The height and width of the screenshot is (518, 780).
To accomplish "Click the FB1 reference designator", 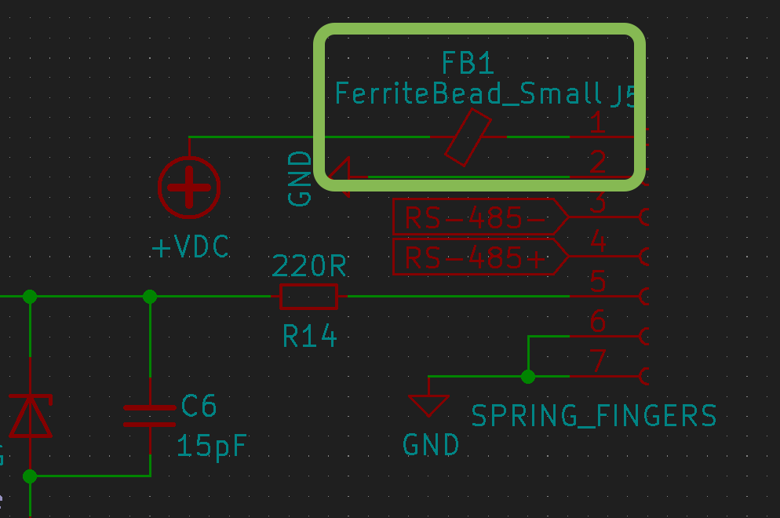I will click(468, 63).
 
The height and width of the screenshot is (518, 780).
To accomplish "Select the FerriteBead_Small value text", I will click(468, 93).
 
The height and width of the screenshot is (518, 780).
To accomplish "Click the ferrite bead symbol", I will click(468, 137).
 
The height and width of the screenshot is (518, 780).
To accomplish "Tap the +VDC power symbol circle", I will click(190, 188).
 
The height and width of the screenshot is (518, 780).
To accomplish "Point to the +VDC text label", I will click(191, 248).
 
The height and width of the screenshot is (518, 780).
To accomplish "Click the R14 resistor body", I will click(309, 297).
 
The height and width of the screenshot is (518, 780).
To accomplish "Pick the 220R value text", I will click(309, 267).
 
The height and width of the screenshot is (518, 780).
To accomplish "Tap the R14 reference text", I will click(309, 337).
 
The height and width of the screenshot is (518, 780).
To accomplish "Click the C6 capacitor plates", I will click(150, 415).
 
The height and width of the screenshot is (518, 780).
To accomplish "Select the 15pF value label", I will click(211, 446).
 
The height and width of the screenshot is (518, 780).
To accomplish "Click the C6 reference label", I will click(199, 406).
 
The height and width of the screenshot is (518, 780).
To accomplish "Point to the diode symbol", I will click(30, 416).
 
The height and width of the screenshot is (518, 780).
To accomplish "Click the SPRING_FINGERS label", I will click(593, 415).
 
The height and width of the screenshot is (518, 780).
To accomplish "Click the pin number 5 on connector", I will click(598, 281).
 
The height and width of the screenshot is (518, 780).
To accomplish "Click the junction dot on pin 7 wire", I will click(528, 377).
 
